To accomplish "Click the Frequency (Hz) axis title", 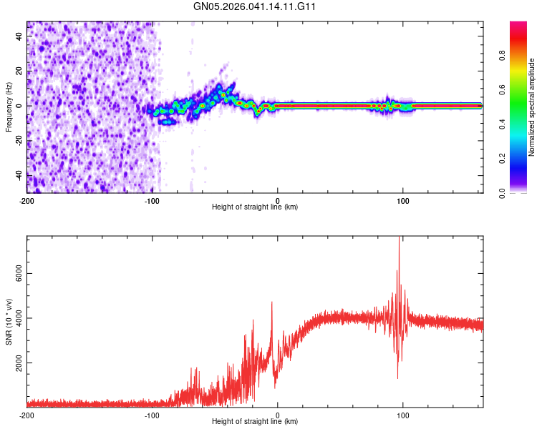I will click(x=9, y=107).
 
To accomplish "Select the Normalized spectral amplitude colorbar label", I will click(x=532, y=107).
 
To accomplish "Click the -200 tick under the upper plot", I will click(x=27, y=199).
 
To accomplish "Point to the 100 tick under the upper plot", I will click(x=402, y=199).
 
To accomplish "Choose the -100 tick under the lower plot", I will click(x=152, y=415).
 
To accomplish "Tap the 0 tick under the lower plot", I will click(x=278, y=415).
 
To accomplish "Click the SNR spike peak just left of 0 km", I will click(x=272, y=302).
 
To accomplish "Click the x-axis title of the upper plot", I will click(x=255, y=207).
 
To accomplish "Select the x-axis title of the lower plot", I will click(x=255, y=423).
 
